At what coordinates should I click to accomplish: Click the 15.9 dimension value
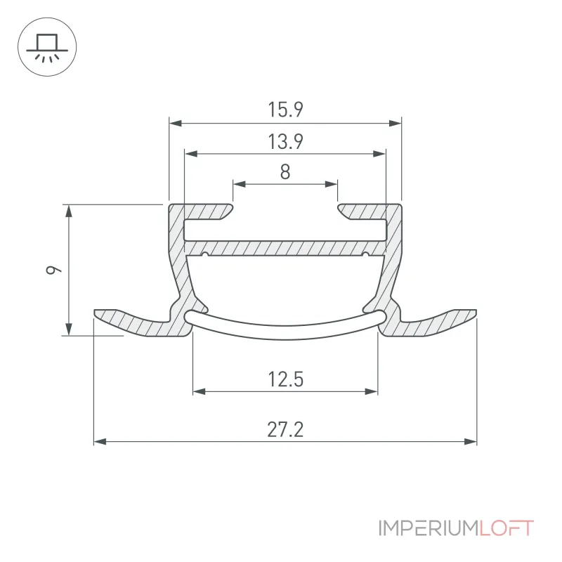point(286,110)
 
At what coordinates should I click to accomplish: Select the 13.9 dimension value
point(286,141)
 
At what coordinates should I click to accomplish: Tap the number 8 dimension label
point(285,171)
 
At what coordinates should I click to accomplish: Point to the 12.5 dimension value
point(286,379)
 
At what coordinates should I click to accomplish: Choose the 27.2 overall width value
point(285,429)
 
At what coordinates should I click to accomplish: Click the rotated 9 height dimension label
point(54,270)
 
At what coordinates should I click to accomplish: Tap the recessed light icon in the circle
point(47,47)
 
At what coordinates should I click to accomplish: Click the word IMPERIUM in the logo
point(429,528)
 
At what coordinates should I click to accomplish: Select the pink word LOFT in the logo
point(507,528)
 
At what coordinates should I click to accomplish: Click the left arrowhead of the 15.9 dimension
point(175,124)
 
